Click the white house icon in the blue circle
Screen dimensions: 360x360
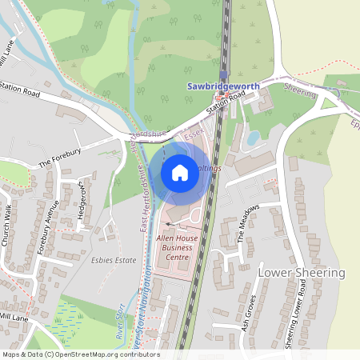(x=180, y=172)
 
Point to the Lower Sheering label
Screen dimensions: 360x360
(x=302, y=273)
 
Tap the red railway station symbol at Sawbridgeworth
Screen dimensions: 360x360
(x=226, y=95)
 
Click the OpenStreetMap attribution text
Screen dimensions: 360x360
(x=80, y=354)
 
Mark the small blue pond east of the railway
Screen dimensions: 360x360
(x=253, y=138)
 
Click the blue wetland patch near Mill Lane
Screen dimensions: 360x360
(x=58, y=330)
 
